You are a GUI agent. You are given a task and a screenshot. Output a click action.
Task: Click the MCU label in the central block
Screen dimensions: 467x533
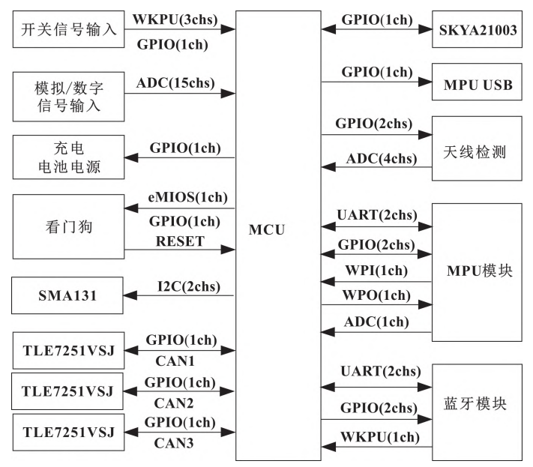click(266, 229)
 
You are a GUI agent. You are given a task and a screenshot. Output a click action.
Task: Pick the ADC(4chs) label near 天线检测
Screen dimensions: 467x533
click(377, 158)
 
